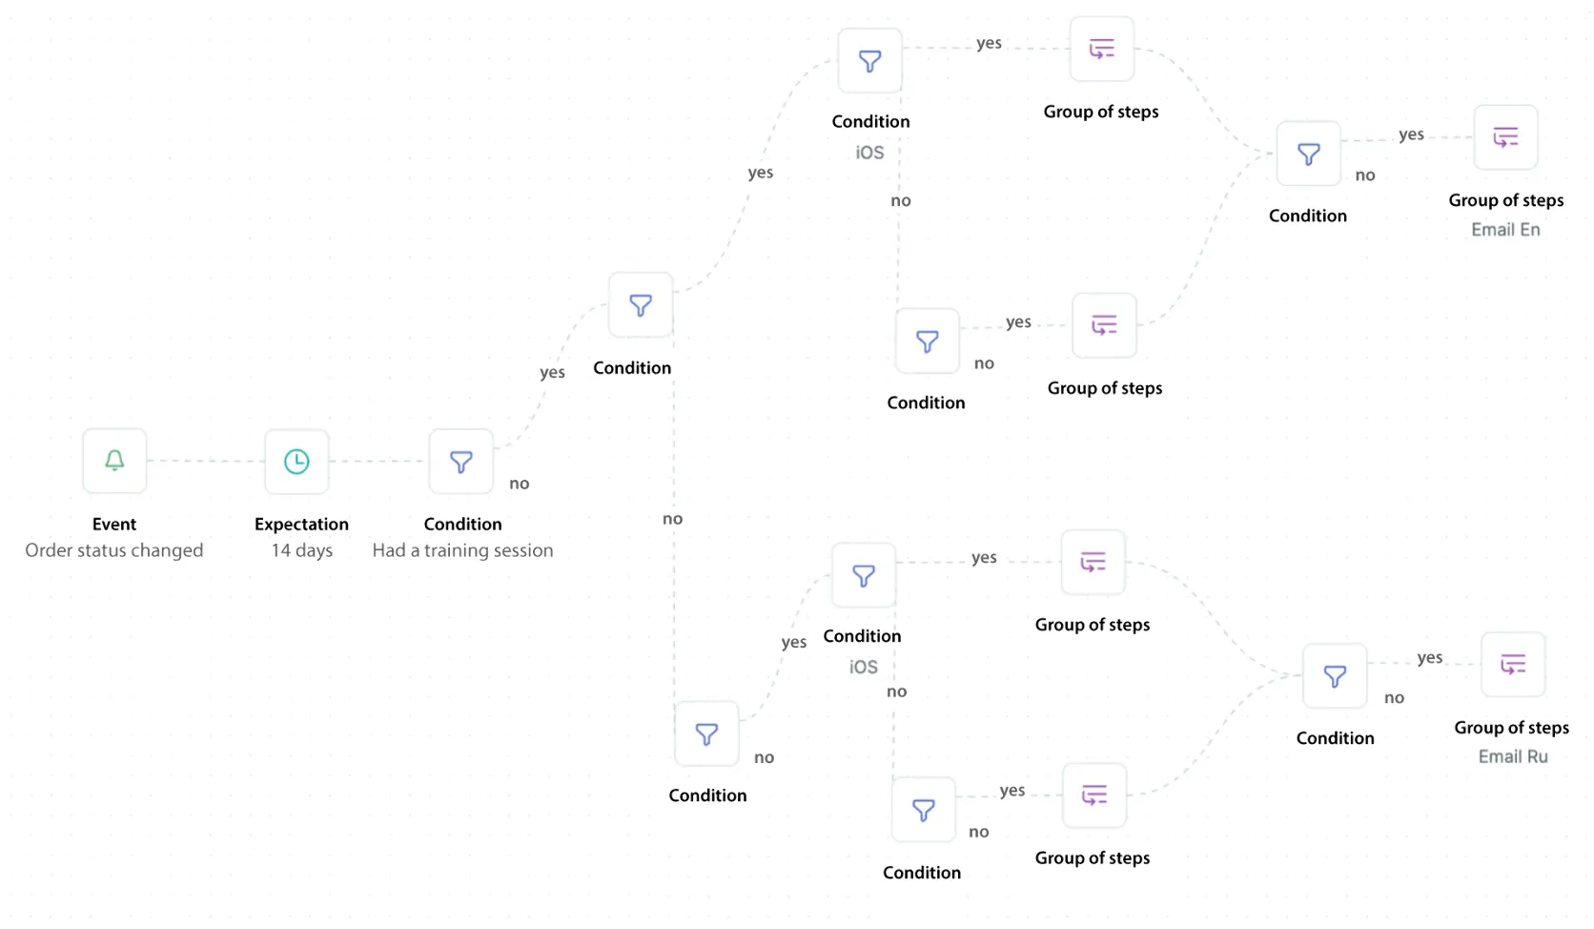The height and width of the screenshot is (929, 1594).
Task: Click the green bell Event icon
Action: [114, 461]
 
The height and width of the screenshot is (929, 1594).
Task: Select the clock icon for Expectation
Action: [296, 462]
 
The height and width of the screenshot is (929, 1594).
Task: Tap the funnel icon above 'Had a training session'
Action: [461, 462]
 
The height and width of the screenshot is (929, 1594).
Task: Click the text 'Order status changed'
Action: [113, 550]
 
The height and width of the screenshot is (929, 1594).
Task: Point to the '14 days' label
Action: [301, 550]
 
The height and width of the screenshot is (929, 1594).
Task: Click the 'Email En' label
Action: [1505, 229]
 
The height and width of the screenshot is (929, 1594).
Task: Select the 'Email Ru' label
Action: [1513, 756]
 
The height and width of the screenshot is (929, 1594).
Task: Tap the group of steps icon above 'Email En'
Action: [1505, 136]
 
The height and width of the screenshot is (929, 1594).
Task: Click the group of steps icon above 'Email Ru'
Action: [1513, 664]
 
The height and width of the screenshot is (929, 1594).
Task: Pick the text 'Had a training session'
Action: [462, 550]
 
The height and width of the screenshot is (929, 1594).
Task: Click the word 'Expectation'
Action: [301, 525]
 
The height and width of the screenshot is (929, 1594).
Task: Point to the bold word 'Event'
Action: [113, 524]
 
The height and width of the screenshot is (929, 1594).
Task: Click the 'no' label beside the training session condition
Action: [520, 484]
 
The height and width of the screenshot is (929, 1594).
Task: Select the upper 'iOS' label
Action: [869, 153]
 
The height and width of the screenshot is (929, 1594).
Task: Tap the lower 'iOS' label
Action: [863, 667]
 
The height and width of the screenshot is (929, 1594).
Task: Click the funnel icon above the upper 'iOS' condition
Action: [869, 61]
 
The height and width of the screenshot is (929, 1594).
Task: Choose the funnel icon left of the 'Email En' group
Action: [1309, 154]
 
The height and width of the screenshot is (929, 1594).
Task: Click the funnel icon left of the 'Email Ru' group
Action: [1335, 675]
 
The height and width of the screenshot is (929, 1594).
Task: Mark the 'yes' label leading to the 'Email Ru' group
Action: [1430, 657]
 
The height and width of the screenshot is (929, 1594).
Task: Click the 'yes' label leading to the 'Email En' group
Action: [1411, 134]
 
